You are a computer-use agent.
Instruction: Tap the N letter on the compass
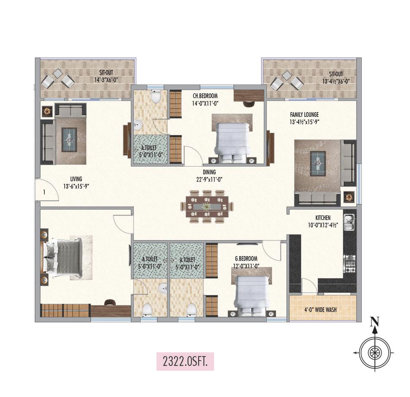(375, 321)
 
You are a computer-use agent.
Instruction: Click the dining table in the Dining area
(207, 207)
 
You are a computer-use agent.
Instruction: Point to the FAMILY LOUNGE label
(304, 115)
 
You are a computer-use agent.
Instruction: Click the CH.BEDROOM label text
(205, 96)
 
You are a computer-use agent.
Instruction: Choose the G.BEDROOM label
(245, 258)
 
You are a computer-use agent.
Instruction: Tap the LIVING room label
(76, 179)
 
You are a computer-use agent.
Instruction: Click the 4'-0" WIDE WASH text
(322, 310)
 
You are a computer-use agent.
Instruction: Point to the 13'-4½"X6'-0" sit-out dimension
(335, 81)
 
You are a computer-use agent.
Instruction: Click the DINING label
(203, 172)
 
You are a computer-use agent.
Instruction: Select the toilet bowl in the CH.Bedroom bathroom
(156, 96)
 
